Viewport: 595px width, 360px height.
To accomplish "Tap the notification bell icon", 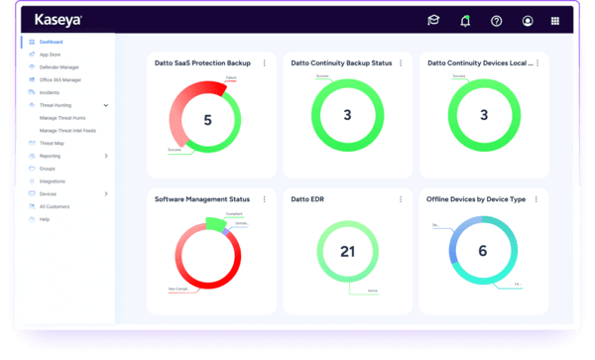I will tap(465, 20).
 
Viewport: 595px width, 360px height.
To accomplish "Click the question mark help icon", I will tap(496, 20).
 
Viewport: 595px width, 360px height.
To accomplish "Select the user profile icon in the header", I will tap(527, 20).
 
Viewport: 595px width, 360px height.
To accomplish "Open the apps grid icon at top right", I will tap(554, 20).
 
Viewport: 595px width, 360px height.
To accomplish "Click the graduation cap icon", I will tap(433, 20).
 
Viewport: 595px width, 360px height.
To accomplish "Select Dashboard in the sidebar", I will tap(51, 43).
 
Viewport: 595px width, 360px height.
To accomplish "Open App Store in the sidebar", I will tap(50, 55).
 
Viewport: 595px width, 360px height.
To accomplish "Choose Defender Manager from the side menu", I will tap(58, 66).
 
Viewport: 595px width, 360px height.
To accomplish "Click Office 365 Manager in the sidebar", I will tap(59, 78).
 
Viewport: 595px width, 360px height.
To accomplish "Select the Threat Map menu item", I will tap(52, 143).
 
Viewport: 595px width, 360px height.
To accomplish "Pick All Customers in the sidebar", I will tap(55, 206).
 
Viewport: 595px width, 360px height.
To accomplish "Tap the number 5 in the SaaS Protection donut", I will tap(207, 120).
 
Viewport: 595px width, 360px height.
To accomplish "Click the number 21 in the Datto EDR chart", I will tap(347, 252).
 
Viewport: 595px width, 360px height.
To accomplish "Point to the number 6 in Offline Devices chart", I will tap(482, 252).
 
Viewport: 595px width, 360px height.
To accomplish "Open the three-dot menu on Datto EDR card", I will tap(399, 199).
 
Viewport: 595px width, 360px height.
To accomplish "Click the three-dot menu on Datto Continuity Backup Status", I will tap(399, 63).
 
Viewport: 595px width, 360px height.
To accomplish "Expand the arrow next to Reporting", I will tap(106, 156).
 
